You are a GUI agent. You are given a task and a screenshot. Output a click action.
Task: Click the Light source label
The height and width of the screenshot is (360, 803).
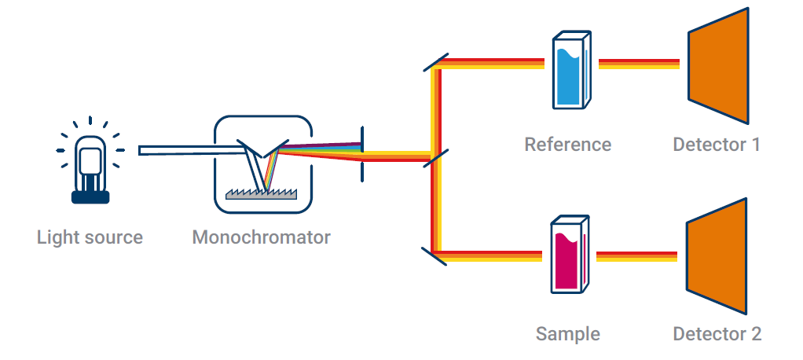[90, 237]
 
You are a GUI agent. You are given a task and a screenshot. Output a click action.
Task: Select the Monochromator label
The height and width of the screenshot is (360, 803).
[261, 237]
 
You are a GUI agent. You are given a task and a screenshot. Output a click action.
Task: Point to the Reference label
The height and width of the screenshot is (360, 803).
[567, 145]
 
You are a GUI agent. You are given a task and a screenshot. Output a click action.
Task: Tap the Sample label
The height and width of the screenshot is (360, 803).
[567, 333]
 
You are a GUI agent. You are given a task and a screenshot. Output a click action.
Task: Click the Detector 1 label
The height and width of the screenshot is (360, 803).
[717, 145]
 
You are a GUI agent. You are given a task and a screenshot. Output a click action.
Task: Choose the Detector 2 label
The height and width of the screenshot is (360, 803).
[717, 333]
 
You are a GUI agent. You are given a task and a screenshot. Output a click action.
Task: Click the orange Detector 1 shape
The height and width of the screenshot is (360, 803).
[717, 66]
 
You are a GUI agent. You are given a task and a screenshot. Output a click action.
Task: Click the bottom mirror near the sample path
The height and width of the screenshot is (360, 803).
[434, 254]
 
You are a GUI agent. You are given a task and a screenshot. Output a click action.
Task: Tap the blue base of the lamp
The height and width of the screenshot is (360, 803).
[90, 197]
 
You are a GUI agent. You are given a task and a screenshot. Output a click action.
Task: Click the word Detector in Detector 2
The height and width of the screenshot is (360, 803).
[706, 333]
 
